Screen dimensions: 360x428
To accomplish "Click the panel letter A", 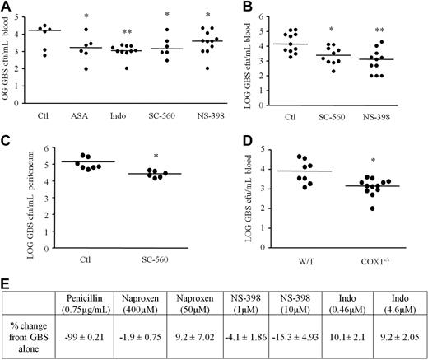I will pos(7,7).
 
